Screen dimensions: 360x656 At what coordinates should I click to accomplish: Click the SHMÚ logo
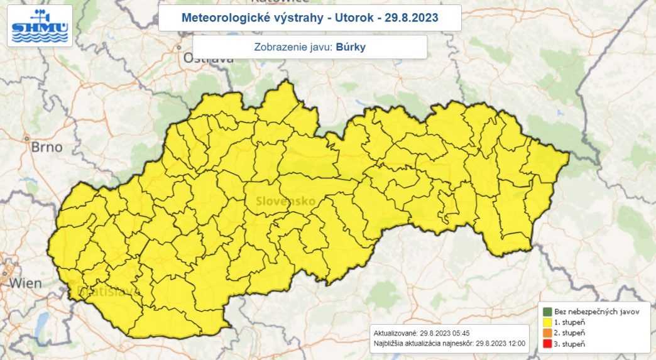[40, 26]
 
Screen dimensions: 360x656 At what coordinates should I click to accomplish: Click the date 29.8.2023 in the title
[411, 18]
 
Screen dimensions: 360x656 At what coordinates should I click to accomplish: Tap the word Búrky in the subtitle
[351, 47]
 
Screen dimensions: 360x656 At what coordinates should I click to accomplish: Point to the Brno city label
[47, 148]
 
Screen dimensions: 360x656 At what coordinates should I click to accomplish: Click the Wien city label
[26, 283]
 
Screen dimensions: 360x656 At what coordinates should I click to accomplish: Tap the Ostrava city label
[208, 58]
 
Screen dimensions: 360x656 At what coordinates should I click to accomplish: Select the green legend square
[546, 312]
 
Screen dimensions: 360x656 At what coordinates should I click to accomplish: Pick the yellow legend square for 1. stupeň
[546, 322]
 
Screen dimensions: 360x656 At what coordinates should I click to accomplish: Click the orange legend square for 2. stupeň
[546, 333]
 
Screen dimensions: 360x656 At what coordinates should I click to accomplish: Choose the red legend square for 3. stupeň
[546, 344]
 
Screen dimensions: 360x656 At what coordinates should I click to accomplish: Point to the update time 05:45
[457, 333]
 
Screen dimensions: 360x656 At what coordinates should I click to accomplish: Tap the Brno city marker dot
[27, 139]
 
